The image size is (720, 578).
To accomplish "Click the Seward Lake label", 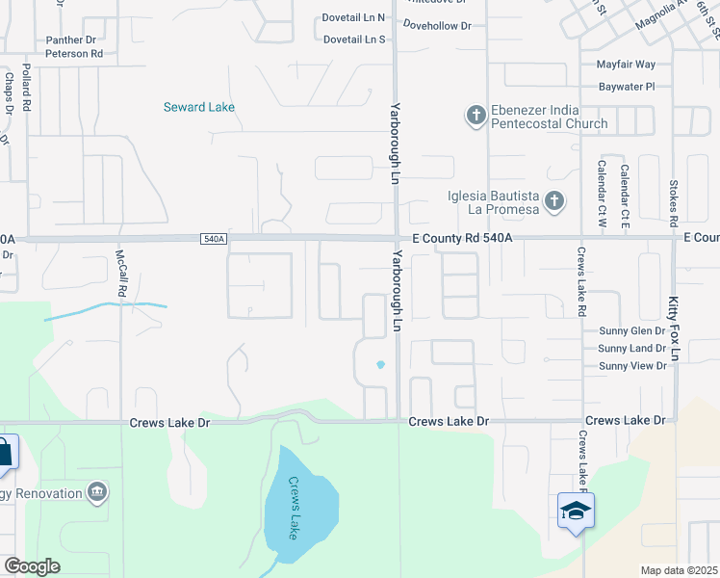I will coord(199,107).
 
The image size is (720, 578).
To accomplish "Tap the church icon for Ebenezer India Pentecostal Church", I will coord(476,116).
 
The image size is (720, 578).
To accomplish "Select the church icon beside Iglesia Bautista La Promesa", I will coord(553,201).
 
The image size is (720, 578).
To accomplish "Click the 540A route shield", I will coord(215,239).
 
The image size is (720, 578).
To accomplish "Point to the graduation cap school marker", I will coord(576,511).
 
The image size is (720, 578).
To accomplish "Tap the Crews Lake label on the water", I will coord(296,508).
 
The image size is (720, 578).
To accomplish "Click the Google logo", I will coord(32,566).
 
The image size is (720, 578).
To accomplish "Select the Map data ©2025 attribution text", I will coord(679,570).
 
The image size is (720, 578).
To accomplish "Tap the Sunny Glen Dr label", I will coord(632,329).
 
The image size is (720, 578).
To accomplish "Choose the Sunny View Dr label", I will coord(632,366).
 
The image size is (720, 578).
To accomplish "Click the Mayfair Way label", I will coord(626,65).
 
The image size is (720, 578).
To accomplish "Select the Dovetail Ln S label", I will coord(354,39).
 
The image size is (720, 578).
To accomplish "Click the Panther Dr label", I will coord(71,40).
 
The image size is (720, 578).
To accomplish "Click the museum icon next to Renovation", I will coord(96,493).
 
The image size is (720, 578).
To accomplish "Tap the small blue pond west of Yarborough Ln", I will coord(380,364).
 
